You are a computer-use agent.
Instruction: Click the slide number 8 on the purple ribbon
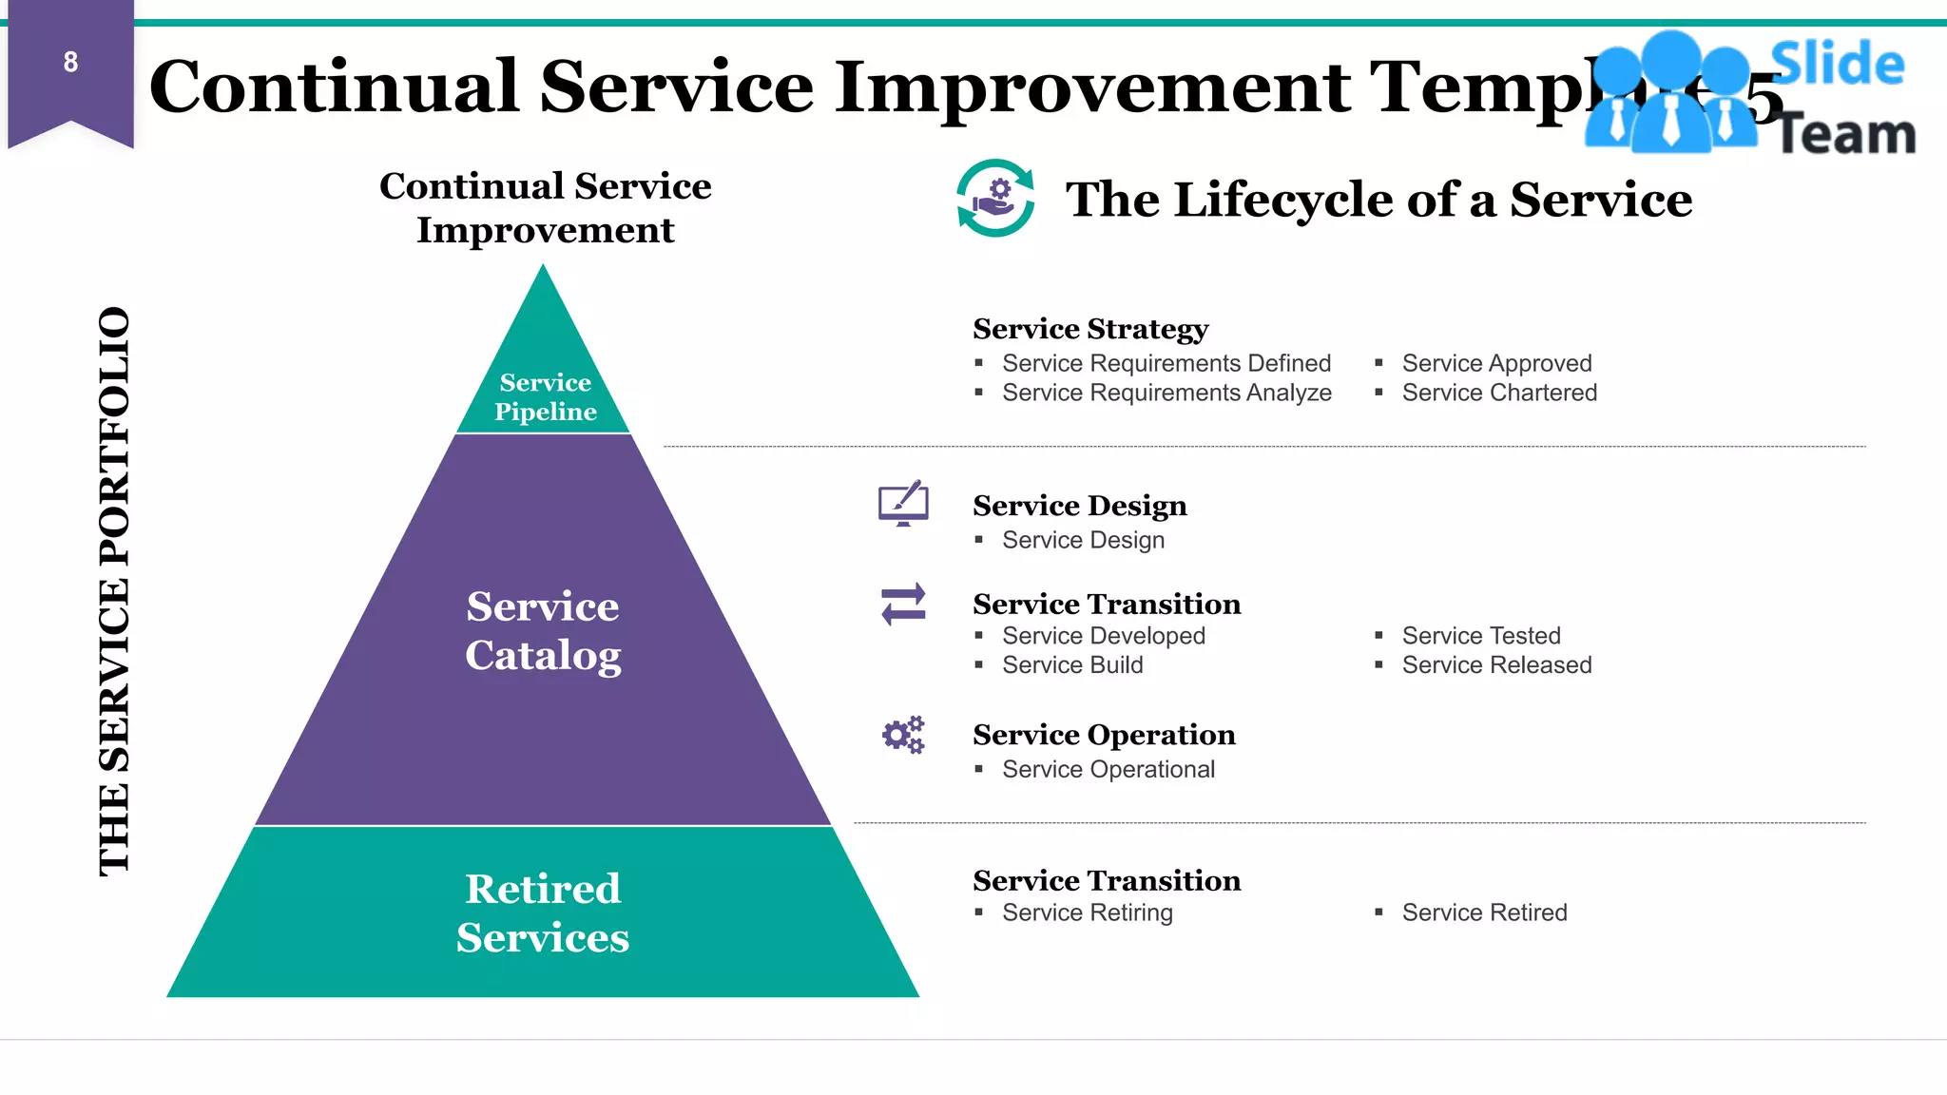(70, 63)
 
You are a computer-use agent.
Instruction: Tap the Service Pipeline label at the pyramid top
(545, 397)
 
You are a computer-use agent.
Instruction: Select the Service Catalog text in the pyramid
(543, 630)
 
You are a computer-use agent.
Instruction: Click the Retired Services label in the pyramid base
(543, 912)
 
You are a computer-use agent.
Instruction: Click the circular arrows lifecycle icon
(995, 198)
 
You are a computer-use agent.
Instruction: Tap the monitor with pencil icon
(903, 504)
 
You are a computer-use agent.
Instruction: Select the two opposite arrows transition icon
(903, 605)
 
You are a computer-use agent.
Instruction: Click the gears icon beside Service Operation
(903, 735)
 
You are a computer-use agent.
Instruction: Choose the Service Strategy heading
(1090, 329)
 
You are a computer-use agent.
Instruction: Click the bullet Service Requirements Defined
(1166, 363)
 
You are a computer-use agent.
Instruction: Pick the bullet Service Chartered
(1499, 393)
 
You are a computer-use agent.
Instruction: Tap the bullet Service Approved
(1496, 363)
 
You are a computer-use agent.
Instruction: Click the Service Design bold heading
(1080, 506)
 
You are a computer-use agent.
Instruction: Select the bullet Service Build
(1072, 665)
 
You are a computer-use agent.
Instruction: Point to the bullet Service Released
(1496, 665)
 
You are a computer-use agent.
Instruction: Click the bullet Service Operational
(1108, 769)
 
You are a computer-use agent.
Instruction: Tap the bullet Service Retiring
(1088, 912)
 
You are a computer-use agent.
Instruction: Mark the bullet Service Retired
(1484, 912)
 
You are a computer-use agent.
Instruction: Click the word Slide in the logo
(1838, 65)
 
